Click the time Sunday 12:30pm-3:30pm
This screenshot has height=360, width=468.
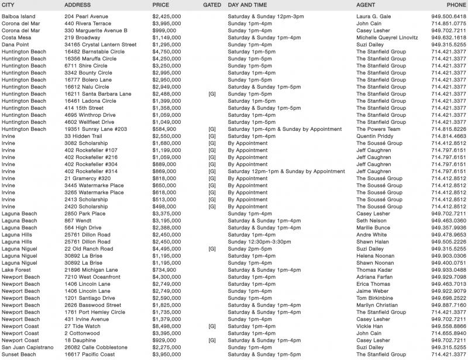click(257, 241)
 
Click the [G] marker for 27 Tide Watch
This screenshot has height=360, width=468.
click(212, 326)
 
